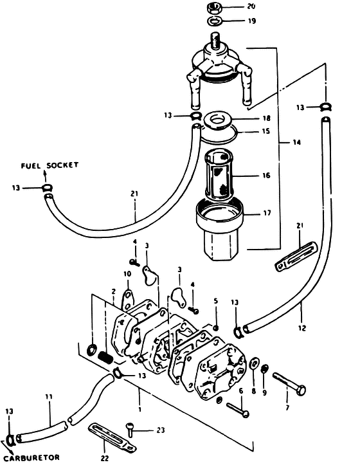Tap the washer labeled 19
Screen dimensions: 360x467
[214, 21]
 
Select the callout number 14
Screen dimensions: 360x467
[296, 142]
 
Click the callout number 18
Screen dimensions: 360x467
[267, 118]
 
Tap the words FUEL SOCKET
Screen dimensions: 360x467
[50, 165]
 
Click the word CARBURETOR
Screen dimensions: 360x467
[32, 457]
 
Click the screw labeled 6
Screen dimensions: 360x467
[238, 410]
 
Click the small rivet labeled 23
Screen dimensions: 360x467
[129, 428]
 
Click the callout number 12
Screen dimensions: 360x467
[302, 328]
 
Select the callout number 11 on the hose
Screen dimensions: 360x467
[49, 397]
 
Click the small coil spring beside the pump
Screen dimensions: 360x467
[105, 357]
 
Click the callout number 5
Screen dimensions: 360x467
[216, 301]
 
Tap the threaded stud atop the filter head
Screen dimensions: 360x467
[215, 41]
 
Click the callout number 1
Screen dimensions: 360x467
[139, 410]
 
